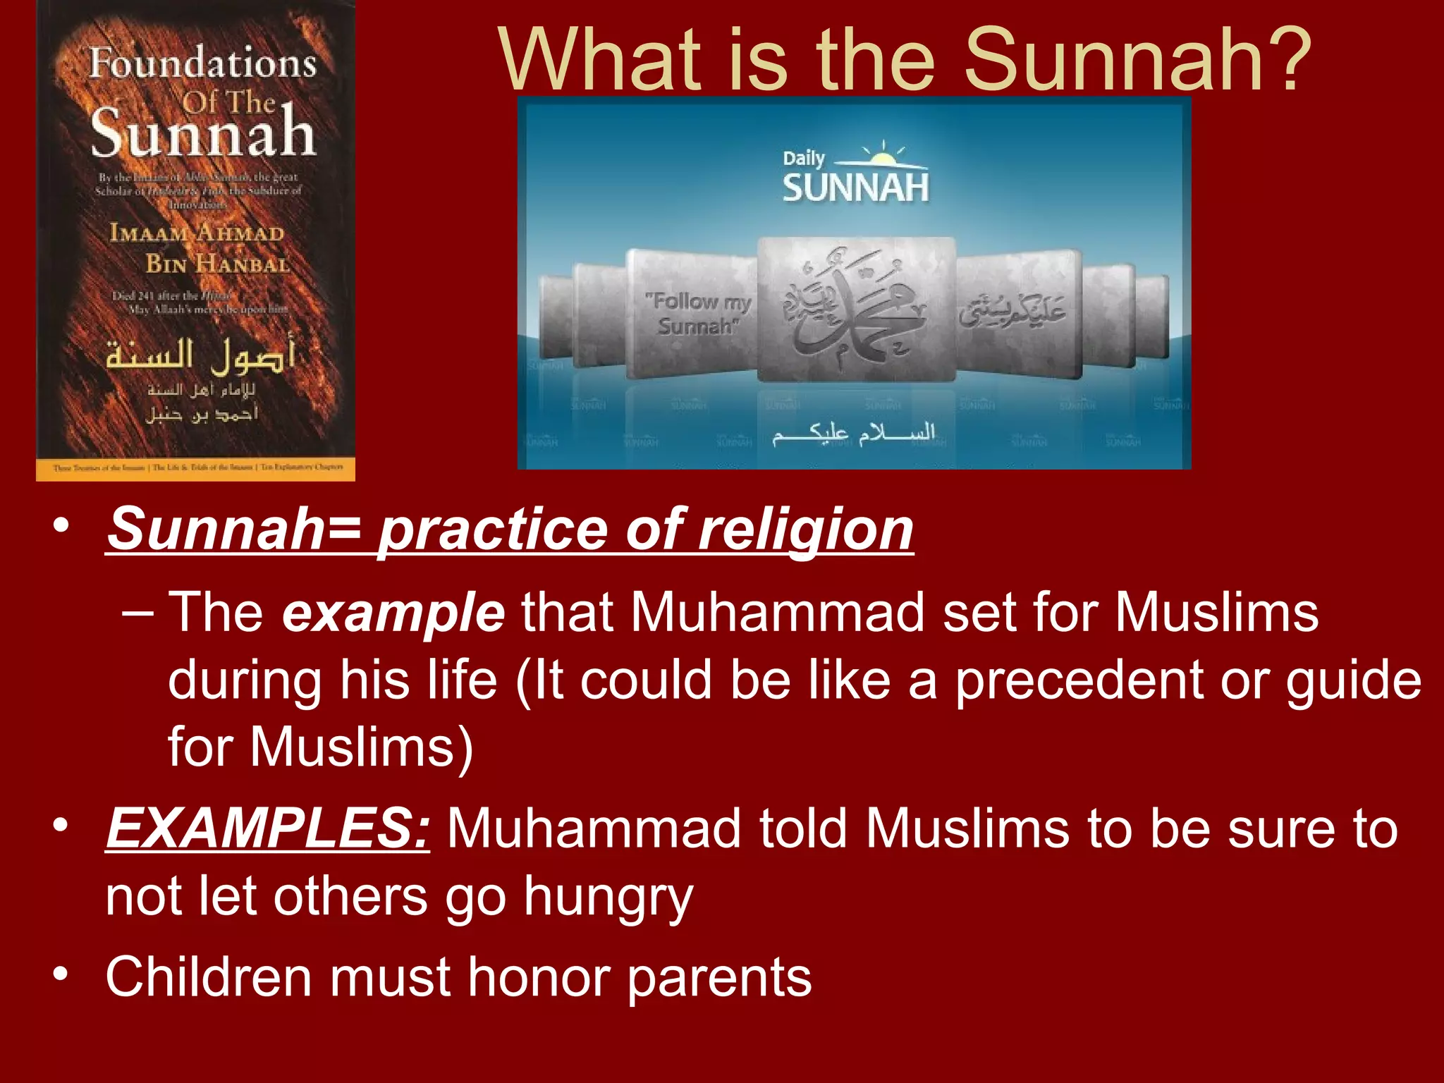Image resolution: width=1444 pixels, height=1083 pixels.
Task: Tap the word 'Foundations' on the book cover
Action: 202,63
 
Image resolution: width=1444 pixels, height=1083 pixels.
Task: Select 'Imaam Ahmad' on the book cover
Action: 197,233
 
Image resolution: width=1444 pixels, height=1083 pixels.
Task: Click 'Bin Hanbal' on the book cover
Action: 218,264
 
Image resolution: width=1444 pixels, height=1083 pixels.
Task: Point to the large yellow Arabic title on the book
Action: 200,355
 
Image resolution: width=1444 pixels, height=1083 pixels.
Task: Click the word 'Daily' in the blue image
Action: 803,158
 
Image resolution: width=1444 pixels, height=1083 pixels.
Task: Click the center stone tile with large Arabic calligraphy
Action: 856,310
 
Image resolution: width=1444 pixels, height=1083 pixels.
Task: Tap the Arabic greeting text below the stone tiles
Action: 853,433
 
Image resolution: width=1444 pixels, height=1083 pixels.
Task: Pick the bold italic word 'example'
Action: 393,612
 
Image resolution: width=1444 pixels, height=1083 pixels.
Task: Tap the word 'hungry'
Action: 608,897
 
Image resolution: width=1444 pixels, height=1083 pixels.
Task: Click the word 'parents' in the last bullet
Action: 719,978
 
